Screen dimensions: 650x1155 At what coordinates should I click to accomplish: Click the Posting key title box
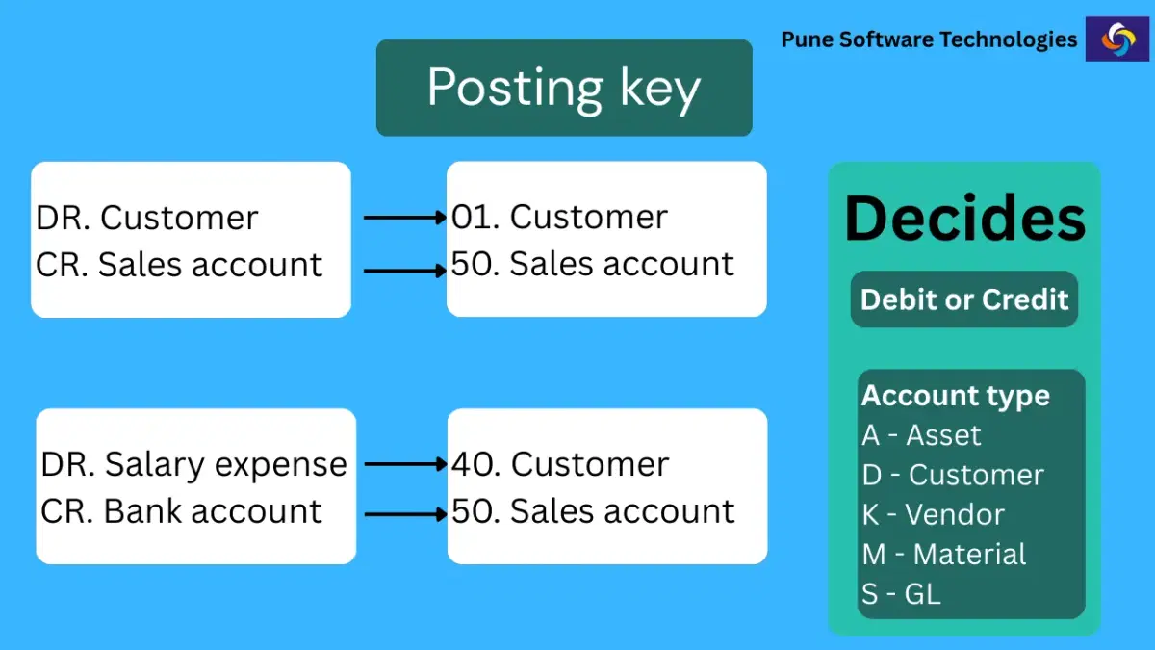564,88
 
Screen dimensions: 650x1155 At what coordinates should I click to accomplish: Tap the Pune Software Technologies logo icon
1116,39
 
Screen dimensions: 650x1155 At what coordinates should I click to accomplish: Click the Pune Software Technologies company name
929,39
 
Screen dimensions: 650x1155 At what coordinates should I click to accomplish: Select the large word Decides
964,219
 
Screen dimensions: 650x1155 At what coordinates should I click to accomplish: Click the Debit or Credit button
964,299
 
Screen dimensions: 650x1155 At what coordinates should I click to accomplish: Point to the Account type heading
956,396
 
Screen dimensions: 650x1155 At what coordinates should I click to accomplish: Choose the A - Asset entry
921,435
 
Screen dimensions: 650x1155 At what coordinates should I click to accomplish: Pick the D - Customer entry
953,475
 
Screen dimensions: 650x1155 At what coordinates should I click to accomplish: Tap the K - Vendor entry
933,515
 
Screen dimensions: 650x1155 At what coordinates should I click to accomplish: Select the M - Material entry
944,555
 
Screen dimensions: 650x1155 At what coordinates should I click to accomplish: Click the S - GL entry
901,594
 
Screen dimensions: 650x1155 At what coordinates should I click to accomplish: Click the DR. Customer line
147,218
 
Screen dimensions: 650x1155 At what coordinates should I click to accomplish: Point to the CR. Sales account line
179,264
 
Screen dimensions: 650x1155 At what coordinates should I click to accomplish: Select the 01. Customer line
559,217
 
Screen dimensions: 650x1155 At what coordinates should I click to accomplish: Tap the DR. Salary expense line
193,464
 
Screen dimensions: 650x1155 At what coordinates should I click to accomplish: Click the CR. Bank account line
181,510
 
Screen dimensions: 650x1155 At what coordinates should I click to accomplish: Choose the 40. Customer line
560,464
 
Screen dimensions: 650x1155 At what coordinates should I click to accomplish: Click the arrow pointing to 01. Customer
405,218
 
